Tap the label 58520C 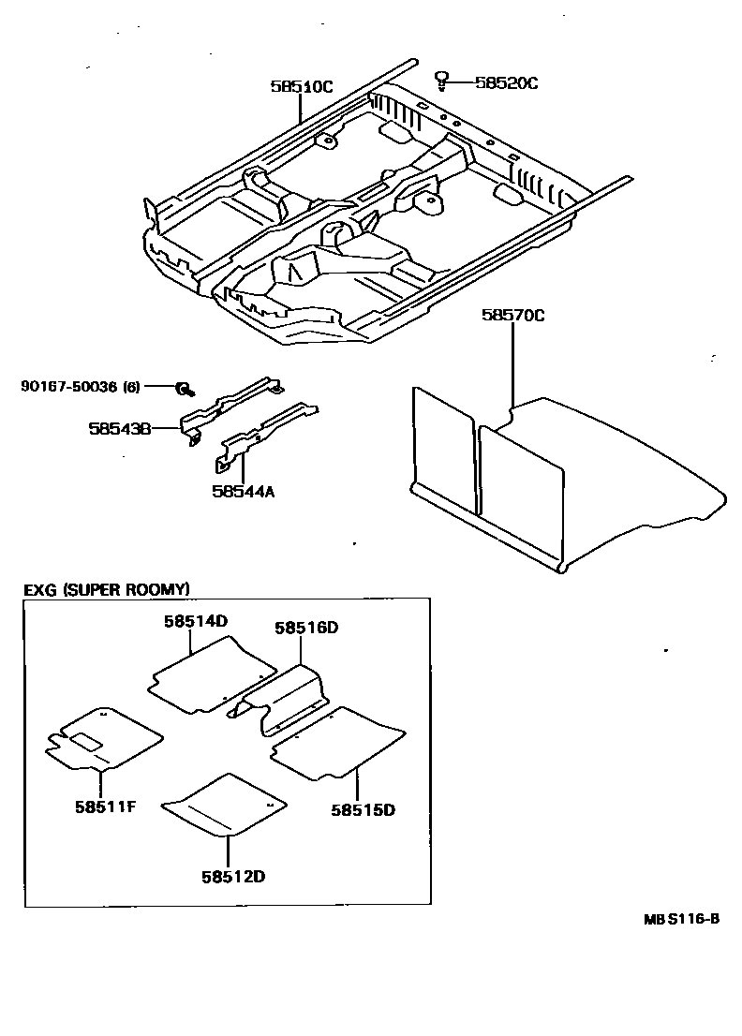coord(506,82)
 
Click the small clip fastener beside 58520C coord(441,79)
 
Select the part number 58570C coord(512,316)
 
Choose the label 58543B coord(120,428)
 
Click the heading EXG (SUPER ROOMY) coord(107,589)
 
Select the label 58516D coord(305,629)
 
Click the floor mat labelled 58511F coord(103,739)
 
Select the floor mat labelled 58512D coord(225,804)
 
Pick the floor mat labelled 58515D coord(337,743)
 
